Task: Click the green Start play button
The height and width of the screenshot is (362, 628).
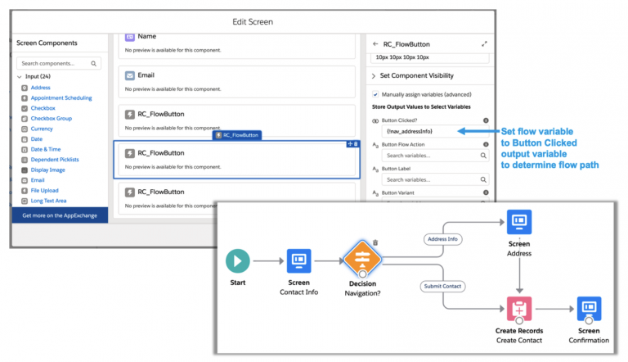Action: click(x=238, y=261)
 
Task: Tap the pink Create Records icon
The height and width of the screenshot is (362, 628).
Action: click(x=519, y=312)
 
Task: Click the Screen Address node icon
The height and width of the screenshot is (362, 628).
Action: click(x=519, y=222)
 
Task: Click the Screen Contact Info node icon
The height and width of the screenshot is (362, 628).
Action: click(x=298, y=261)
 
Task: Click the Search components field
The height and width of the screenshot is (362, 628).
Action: click(x=59, y=63)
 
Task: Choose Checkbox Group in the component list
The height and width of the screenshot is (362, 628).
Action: click(x=51, y=118)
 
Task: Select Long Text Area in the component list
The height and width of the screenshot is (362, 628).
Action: click(x=49, y=200)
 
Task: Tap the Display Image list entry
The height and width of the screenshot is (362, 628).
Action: click(x=47, y=170)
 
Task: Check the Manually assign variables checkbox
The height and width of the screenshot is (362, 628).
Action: click(x=375, y=94)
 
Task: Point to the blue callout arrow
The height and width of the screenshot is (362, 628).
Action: click(x=473, y=131)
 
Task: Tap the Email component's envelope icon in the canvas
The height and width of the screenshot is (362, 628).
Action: click(x=129, y=75)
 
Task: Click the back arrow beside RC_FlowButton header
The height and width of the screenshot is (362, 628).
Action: click(x=375, y=44)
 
